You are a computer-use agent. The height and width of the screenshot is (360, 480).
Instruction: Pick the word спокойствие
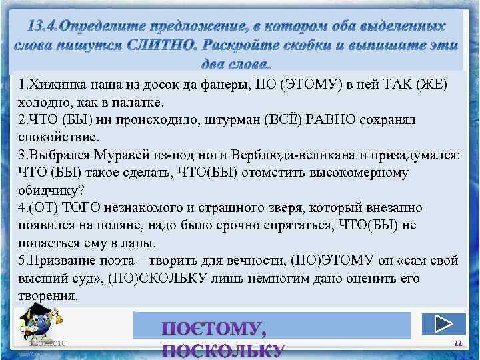[x=58, y=138]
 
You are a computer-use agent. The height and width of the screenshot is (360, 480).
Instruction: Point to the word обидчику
[x=49, y=190]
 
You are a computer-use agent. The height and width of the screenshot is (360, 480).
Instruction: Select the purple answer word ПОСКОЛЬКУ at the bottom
[x=224, y=351]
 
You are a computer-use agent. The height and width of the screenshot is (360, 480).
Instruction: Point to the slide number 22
[x=457, y=342]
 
